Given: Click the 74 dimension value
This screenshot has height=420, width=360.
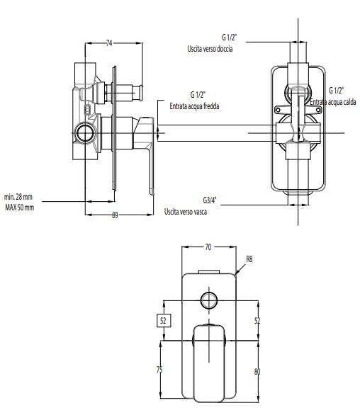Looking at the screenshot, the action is (x=109, y=43).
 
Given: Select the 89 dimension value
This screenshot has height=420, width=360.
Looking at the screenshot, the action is (x=115, y=215).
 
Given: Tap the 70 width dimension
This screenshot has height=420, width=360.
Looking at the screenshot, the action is (x=208, y=247).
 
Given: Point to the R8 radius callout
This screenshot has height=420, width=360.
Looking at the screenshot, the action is (x=249, y=259).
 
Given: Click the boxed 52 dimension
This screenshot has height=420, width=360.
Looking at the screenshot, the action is (x=163, y=320).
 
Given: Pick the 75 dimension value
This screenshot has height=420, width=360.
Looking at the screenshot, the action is (x=159, y=370).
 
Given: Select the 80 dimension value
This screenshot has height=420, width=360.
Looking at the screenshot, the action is (x=257, y=372).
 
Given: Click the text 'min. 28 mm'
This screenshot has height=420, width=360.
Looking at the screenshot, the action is (x=18, y=197).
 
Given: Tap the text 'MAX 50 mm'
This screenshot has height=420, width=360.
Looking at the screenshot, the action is (x=20, y=208).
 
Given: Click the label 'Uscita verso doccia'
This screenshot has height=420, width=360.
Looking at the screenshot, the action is (x=210, y=49).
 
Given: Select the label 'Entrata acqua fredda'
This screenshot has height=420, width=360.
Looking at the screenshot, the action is (x=194, y=106).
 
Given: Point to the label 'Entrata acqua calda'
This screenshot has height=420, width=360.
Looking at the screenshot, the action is (x=333, y=102).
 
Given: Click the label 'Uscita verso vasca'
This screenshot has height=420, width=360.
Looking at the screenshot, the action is (x=186, y=212).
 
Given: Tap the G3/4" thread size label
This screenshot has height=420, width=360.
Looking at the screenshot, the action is (x=209, y=200).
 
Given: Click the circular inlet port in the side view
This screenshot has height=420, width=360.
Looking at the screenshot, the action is (x=86, y=133).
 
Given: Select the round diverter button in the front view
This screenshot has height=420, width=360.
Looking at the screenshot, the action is (x=209, y=300).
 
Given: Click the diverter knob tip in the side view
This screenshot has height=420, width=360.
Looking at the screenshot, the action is (x=140, y=93).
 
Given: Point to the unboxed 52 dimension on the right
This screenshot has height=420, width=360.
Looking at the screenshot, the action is (x=257, y=320).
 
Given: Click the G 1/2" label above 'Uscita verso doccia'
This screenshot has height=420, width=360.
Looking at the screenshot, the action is (x=229, y=38).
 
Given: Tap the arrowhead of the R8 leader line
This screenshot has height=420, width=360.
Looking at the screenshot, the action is (x=236, y=273).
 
